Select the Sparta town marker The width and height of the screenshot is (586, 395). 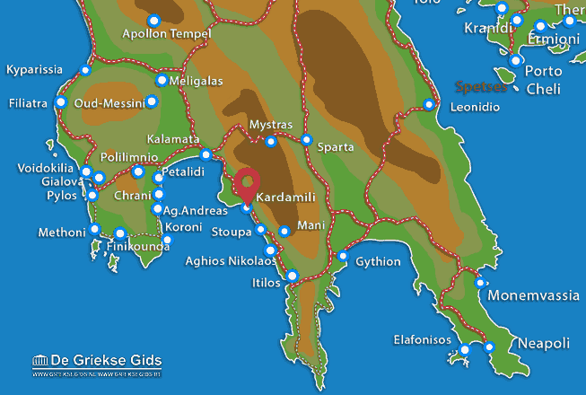click(x=307, y=140)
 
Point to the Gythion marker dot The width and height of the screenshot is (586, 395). click(x=343, y=256)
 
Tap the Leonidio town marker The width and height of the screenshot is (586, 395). click(x=429, y=105)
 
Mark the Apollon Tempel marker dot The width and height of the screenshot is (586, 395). click(x=153, y=20)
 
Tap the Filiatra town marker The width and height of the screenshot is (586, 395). click(x=61, y=102)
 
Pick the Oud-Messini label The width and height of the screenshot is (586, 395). click(x=109, y=102)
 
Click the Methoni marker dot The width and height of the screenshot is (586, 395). click(x=95, y=229)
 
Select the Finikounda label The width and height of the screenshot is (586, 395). click(x=137, y=246)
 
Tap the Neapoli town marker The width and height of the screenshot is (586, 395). click(x=489, y=347)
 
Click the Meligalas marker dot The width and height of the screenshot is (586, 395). click(x=162, y=80)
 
